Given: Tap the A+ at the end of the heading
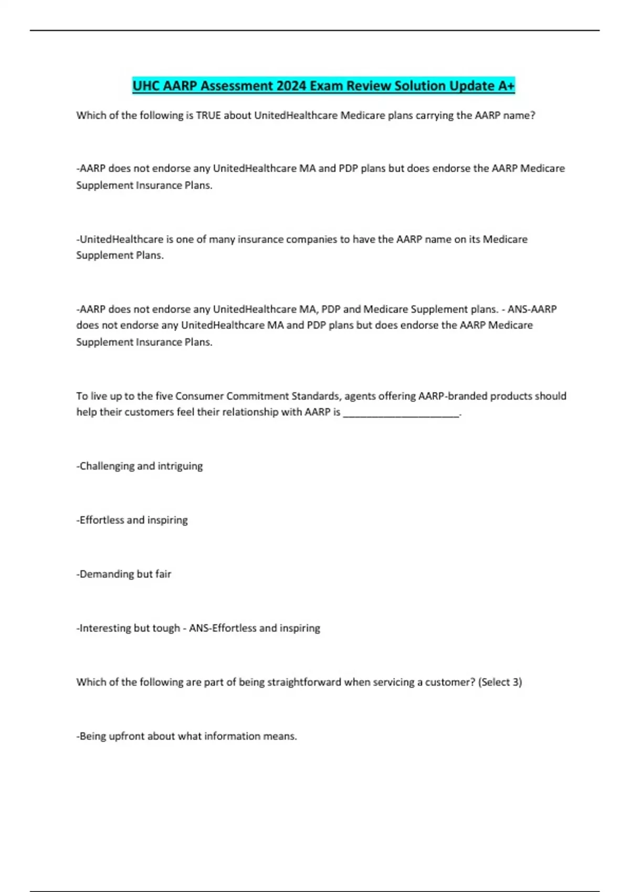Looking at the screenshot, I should pos(506,86).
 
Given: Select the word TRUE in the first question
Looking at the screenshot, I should pos(208,115).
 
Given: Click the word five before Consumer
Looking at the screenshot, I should pos(164,396).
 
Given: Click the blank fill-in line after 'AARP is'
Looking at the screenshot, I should pos(401,413).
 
